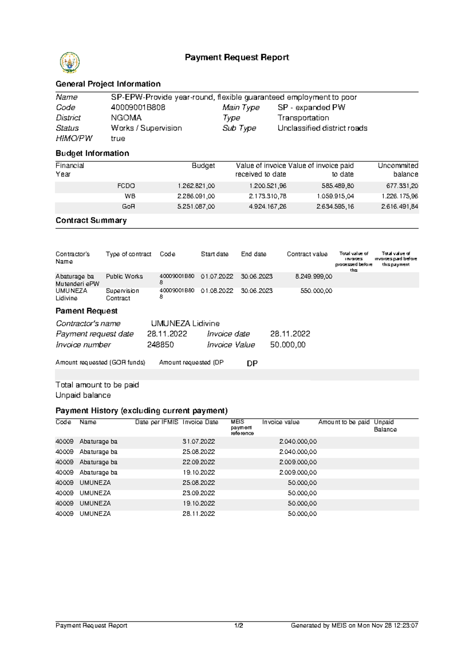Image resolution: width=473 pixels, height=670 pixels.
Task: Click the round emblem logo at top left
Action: [70, 62]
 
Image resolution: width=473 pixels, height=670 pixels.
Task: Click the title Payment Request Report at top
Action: [237, 58]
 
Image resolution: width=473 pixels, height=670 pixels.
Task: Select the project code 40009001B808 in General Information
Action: [138, 107]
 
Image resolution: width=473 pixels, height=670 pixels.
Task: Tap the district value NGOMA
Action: [126, 118]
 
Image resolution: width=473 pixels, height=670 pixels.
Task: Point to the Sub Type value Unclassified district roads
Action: [322, 128]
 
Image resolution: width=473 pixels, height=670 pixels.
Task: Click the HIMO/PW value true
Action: [118, 138]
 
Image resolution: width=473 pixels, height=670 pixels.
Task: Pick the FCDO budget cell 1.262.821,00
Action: [196, 186]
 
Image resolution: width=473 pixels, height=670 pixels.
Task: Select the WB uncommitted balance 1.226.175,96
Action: [400, 196]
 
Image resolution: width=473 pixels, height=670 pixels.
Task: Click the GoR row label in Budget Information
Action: [128, 206]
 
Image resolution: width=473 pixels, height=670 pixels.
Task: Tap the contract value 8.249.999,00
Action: [313, 277]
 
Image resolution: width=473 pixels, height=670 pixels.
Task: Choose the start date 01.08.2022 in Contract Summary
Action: [217, 291]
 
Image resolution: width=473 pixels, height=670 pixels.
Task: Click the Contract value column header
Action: [307, 254]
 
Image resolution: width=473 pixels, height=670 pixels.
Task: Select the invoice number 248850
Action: [160, 344]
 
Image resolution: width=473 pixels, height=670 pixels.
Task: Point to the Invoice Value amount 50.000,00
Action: [288, 344]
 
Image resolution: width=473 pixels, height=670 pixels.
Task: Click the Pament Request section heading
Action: [86, 311]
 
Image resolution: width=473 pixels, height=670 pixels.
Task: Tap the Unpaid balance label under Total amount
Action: [83, 395]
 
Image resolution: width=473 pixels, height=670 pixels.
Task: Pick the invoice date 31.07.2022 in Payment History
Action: [199, 442]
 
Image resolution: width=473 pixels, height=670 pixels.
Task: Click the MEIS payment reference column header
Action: [242, 427]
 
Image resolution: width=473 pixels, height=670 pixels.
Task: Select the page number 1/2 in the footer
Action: [238, 625]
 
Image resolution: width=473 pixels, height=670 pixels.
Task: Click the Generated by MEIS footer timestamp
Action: [354, 625]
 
